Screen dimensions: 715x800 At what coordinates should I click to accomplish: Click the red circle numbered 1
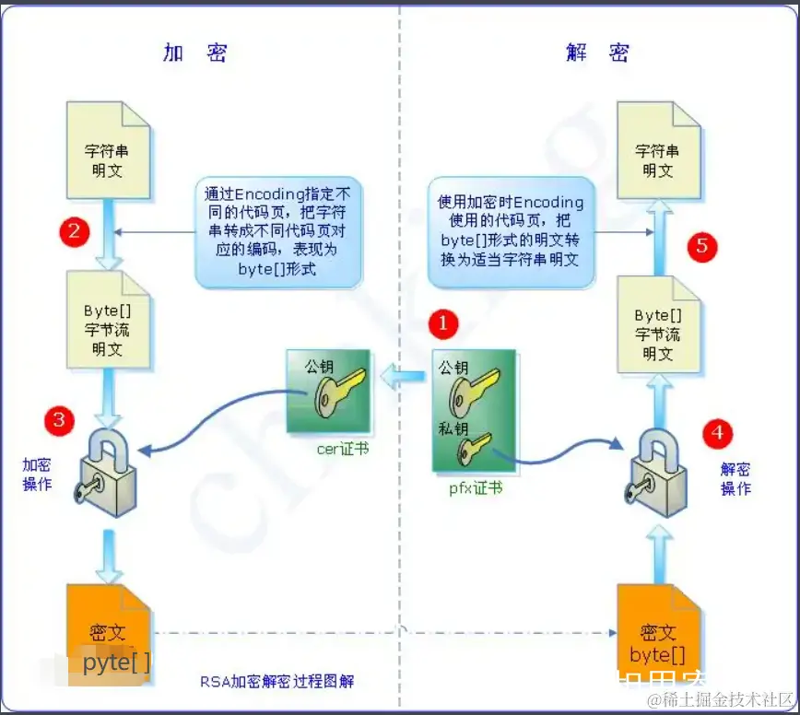coord(444,323)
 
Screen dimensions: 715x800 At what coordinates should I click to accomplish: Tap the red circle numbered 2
coord(74,230)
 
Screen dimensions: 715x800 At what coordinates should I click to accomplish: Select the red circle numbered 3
coord(60,421)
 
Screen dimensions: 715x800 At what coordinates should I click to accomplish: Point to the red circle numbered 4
coord(718,431)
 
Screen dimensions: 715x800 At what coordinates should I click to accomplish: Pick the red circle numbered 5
coord(702,246)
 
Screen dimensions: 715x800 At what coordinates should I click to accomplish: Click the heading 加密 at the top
coord(194,53)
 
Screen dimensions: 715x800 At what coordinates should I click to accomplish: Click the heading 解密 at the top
coord(597,53)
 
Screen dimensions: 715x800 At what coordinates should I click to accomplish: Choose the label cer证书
coord(342,450)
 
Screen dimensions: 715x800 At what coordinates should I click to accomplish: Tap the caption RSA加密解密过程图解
coord(276,682)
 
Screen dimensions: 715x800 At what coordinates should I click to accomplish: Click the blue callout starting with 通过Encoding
coord(279,230)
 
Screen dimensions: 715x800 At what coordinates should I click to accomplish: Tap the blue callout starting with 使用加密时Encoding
coord(511,230)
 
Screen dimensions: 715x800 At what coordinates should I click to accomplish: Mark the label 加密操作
coord(37,475)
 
